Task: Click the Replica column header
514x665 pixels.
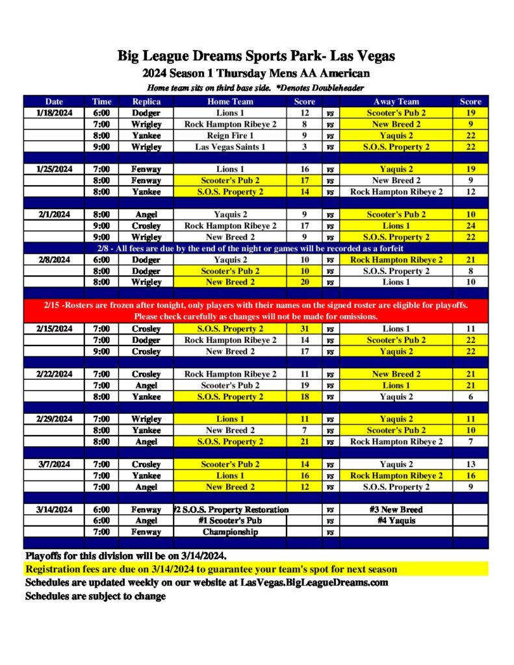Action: click(146, 101)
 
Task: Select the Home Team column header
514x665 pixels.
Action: click(231, 101)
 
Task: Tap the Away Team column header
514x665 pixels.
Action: click(396, 101)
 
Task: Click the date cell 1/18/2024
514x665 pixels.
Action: click(55, 112)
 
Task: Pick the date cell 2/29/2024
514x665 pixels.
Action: click(55, 419)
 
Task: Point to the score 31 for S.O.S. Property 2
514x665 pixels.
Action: click(304, 329)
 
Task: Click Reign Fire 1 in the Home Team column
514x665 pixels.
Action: click(231, 136)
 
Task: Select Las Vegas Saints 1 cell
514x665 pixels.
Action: click(231, 147)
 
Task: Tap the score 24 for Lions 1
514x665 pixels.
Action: click(470, 226)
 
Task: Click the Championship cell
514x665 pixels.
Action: click(231, 532)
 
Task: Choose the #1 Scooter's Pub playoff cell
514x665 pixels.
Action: click(231, 521)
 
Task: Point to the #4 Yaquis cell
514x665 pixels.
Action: click(396, 521)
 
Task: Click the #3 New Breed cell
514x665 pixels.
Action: click(396, 510)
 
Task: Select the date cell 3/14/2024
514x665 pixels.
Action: click(55, 510)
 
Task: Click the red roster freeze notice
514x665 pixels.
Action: click(256, 310)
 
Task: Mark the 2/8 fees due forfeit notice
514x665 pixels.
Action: click(256, 248)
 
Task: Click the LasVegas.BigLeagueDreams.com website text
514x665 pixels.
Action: click(314, 583)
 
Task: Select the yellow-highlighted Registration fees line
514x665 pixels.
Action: click(211, 570)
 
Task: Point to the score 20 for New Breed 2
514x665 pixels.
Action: click(304, 282)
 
